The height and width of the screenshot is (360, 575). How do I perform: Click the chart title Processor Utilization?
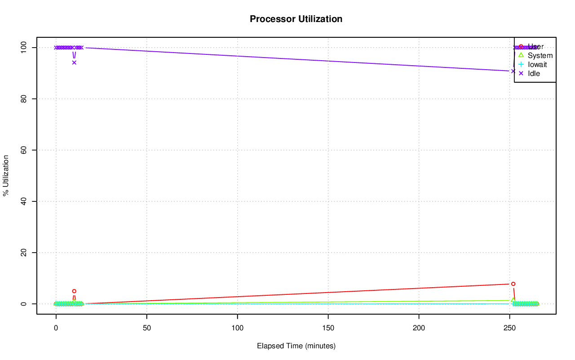pos(296,19)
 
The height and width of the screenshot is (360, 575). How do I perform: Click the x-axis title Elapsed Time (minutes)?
pos(296,346)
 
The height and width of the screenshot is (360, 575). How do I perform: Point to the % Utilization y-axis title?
pos(6,175)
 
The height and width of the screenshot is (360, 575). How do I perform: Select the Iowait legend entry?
pos(537,65)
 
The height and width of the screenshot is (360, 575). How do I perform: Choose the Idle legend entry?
pos(534,74)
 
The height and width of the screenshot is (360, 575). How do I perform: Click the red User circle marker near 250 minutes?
pos(513,284)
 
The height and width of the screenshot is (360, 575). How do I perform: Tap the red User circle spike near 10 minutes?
pos(74,291)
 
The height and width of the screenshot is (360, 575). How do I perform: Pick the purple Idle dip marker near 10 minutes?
pos(74,62)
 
